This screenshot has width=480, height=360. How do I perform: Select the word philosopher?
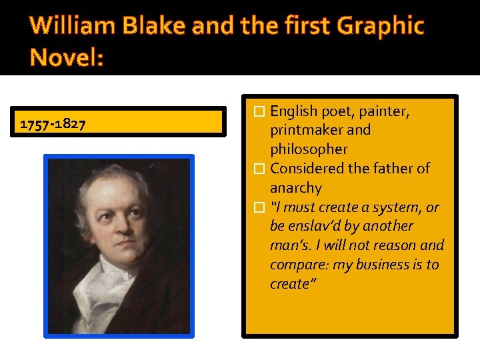pyautogui.click(x=309, y=149)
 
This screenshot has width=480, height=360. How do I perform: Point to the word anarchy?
pyautogui.click(x=295, y=188)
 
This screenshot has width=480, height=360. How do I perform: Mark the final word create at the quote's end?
pyautogui.click(x=289, y=284)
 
